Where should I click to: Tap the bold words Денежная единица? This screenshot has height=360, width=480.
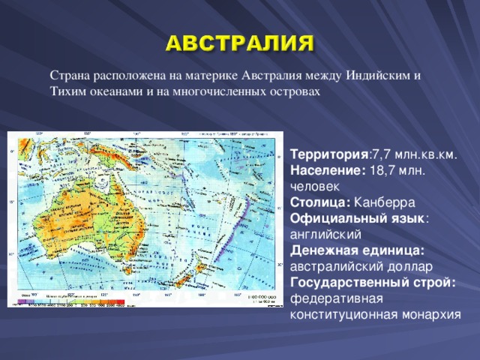point(357,250)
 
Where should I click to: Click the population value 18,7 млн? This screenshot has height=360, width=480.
point(398,170)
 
